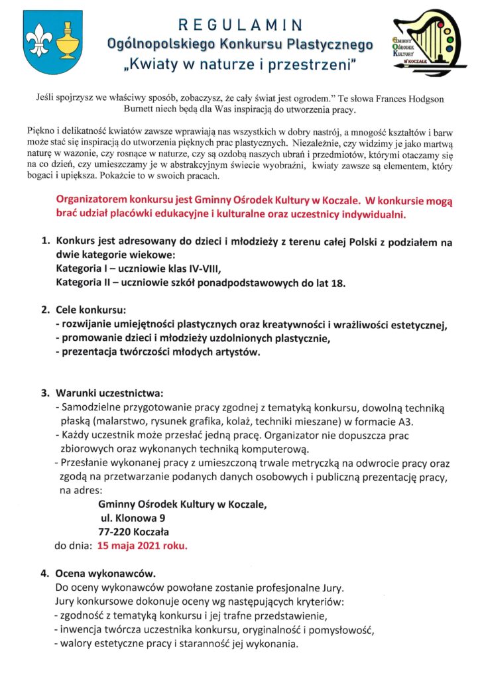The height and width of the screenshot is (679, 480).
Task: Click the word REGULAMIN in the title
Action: tap(241, 25)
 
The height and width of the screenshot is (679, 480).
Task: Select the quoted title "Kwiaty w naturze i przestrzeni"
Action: tap(241, 65)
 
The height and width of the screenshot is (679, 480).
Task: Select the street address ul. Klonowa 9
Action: tap(133, 518)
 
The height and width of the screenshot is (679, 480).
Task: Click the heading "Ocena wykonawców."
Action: tap(106, 572)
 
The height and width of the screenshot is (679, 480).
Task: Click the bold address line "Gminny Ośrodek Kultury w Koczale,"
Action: tap(182, 504)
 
